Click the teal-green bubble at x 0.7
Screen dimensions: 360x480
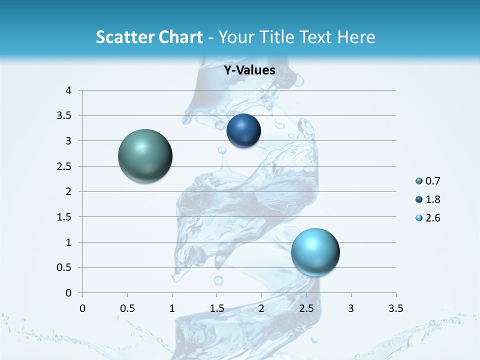[145, 156]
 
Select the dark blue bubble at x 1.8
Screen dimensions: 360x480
[243, 130]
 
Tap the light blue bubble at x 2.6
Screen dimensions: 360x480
[315, 251]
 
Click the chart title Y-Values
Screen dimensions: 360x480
[249, 70]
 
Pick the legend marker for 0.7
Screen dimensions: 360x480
[418, 181]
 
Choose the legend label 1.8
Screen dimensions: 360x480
[432, 199]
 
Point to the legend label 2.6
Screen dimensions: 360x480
[432, 218]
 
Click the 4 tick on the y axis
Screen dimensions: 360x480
[68, 90]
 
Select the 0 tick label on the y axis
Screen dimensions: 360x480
[68, 293]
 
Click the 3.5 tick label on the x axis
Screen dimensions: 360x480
[395, 308]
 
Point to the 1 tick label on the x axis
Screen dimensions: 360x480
[172, 308]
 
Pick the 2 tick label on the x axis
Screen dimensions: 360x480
[261, 308]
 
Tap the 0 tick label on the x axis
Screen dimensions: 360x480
[82, 308]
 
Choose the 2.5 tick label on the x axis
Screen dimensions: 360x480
[306, 308]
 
